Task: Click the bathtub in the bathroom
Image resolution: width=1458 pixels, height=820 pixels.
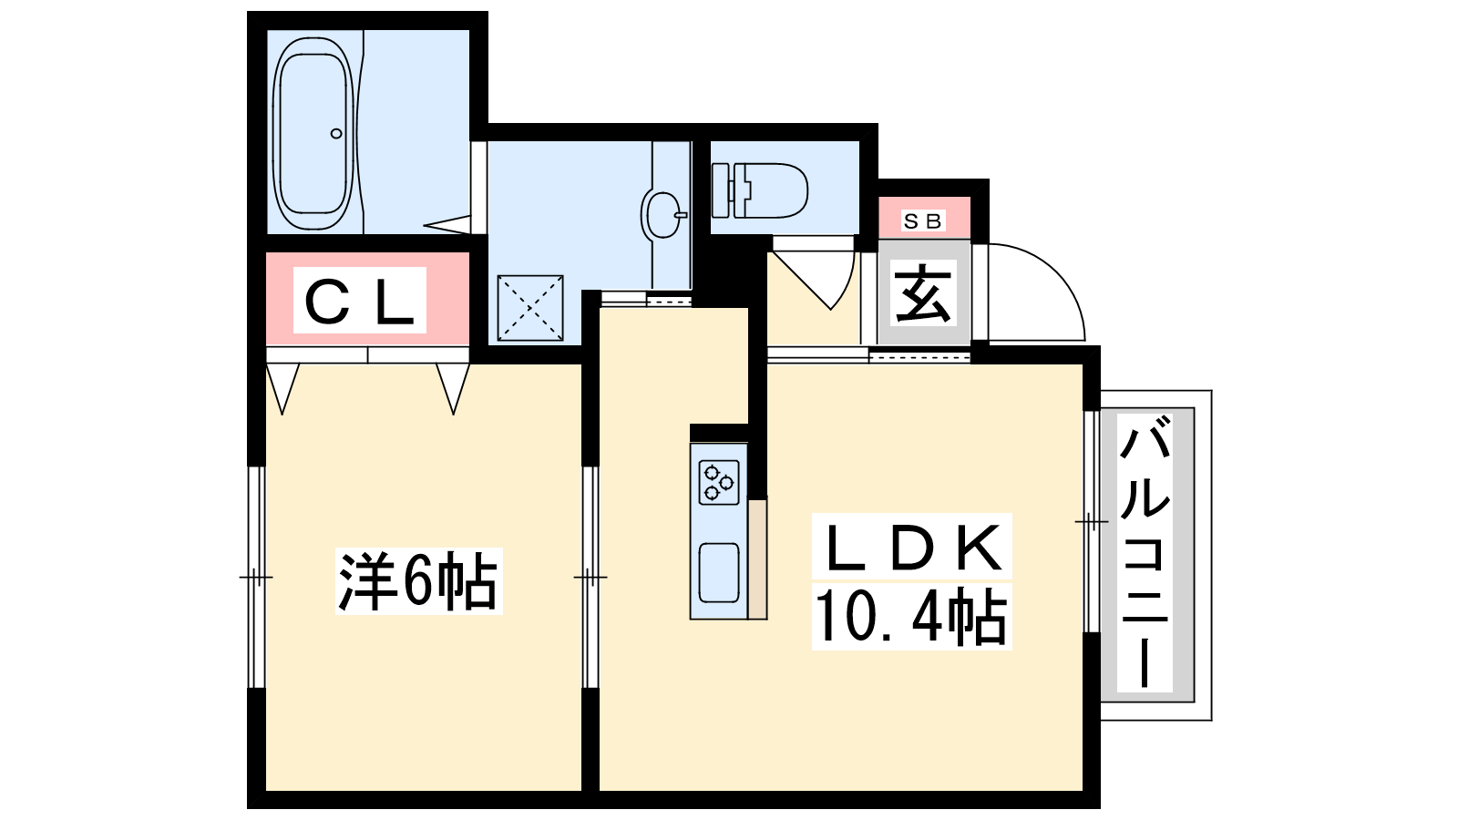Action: pos(314,133)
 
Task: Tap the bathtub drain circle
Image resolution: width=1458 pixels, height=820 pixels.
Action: pos(336,133)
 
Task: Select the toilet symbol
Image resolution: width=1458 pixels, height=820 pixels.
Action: pos(760,190)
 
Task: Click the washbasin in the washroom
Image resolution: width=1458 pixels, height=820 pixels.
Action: pos(664,215)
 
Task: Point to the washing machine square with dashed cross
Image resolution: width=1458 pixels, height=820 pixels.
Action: pos(530,308)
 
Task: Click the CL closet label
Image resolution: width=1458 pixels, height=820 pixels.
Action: pos(359,300)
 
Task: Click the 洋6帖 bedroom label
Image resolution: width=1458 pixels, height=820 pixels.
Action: pos(418,580)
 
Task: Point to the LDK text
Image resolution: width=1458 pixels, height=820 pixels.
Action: pos(911,547)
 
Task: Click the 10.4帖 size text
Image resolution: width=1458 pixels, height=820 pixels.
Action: pos(911,616)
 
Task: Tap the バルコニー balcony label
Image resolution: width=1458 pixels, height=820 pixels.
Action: pos(1145,552)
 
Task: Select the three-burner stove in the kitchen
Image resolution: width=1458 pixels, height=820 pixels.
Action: pos(719,482)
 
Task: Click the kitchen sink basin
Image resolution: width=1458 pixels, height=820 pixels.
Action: pos(719,573)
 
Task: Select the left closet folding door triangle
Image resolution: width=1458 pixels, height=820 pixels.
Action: pos(282,388)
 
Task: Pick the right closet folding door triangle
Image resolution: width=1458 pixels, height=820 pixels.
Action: pos(453,388)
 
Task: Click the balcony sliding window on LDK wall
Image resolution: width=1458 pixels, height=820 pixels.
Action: pos(1092,521)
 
